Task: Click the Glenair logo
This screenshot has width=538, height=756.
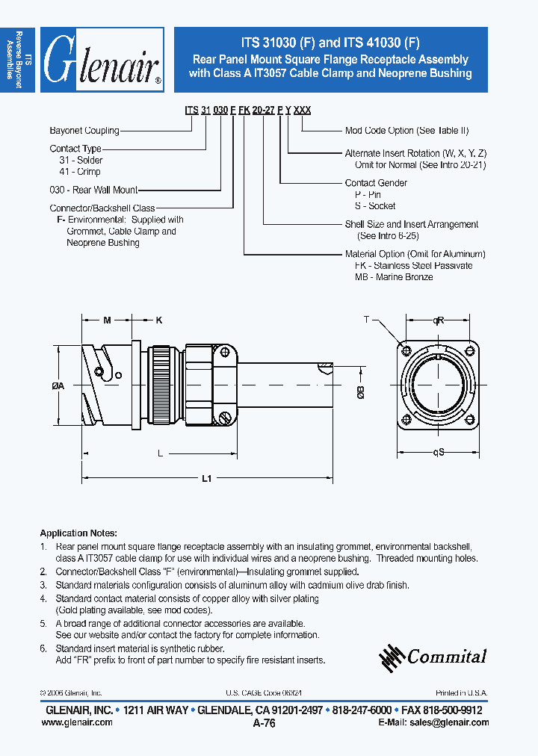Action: (x=102, y=61)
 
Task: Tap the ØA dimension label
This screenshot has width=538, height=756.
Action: (x=58, y=385)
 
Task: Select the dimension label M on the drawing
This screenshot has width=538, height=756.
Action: (x=107, y=320)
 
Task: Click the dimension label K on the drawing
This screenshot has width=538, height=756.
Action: (x=158, y=320)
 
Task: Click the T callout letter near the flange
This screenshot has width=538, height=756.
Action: (x=366, y=320)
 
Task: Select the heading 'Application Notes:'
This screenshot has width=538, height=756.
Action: (x=78, y=533)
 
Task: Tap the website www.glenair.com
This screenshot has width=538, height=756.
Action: (x=75, y=722)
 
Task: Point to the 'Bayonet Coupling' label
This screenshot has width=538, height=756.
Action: (x=84, y=131)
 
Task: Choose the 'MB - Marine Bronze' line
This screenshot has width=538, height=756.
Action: (x=394, y=277)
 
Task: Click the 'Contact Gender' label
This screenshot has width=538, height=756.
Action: (x=376, y=183)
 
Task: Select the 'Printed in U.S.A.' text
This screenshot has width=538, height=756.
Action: (x=463, y=693)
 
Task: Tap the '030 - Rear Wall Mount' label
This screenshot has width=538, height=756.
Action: (x=93, y=190)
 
